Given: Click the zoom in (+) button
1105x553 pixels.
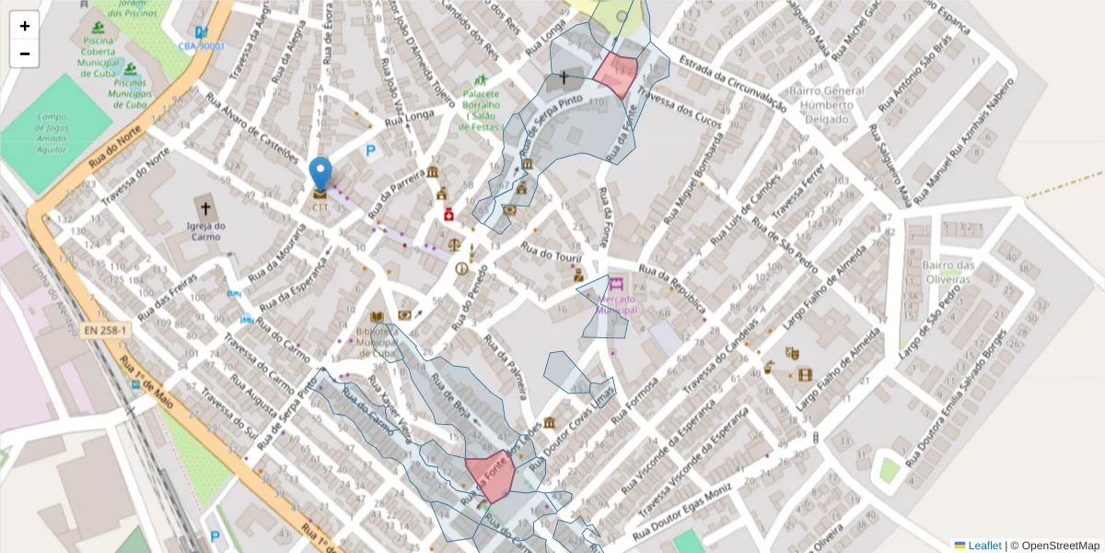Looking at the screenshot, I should click(x=25, y=26).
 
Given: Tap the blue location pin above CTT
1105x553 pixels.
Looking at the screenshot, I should click(x=320, y=173).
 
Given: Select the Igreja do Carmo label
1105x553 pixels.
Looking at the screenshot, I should click(x=205, y=231).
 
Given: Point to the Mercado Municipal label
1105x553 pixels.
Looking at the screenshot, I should click(x=617, y=304).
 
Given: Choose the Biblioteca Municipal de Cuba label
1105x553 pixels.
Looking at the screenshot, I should click(x=378, y=340).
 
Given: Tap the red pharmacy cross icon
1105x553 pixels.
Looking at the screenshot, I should click(x=448, y=214).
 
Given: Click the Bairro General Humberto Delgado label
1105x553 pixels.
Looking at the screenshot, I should click(x=826, y=105).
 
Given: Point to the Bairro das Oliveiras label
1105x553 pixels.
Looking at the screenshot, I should click(x=948, y=272).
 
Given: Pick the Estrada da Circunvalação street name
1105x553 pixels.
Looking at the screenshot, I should click(x=732, y=83).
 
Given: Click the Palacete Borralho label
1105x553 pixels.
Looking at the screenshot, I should click(x=481, y=107).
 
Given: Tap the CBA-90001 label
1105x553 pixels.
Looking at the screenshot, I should click(x=202, y=45).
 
